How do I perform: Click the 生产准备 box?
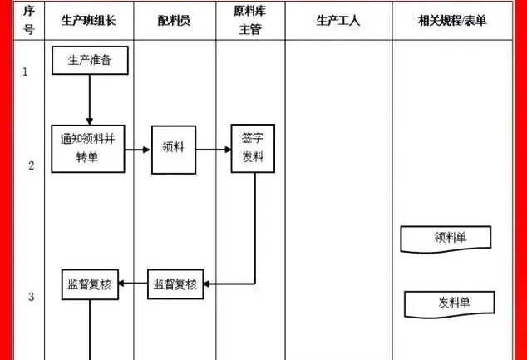coord(89,61)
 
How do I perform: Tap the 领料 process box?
coord(173,150)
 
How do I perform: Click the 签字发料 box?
coord(252,149)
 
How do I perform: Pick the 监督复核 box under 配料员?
coord(175,284)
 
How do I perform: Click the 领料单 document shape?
coord(446,238)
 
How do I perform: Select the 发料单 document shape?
coord(449,303)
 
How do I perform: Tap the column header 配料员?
coord(174,21)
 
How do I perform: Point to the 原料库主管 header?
coord(252,21)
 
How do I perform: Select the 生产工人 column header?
coord(337,21)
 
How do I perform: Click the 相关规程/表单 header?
coord(451,21)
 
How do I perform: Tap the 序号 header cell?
coord(29,21)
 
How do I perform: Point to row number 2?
coord(31,165)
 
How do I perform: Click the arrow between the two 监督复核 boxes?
coord(134,284)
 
